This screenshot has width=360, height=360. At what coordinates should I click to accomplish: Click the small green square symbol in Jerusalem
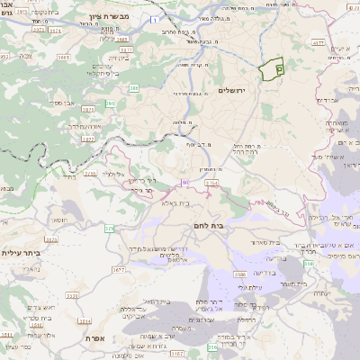click(279, 67)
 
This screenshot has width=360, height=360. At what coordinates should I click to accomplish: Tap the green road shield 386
click(132, 88)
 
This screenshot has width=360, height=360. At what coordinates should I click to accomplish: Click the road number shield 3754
click(211, 183)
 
